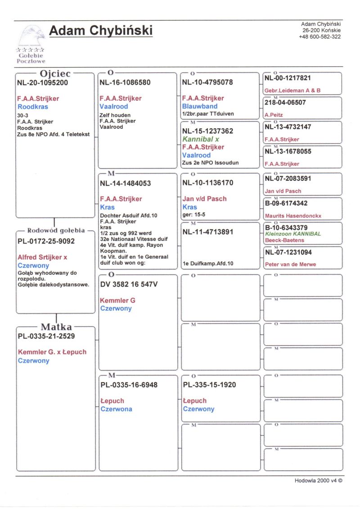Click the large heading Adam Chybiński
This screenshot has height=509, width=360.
click(101, 31)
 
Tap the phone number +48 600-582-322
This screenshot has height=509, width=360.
click(320, 37)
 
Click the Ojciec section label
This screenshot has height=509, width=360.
click(55, 73)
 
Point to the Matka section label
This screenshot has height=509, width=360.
click(56, 327)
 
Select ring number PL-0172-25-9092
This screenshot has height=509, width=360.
click(46, 241)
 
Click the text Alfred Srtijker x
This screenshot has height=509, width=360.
click(42, 257)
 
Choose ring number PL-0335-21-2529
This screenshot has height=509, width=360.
click(46, 336)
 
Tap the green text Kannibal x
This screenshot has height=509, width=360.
click(201, 140)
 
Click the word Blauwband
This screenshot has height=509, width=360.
click(200, 107)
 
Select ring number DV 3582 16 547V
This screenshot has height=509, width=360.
click(129, 284)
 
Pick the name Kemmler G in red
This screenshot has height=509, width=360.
click(117, 300)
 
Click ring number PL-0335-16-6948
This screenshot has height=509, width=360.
click(129, 385)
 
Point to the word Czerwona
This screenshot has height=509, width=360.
click(116, 409)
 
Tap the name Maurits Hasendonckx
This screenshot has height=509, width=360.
click(293, 216)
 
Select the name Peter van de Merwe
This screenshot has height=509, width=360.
click(290, 265)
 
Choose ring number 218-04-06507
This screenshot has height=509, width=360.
click(285, 103)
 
